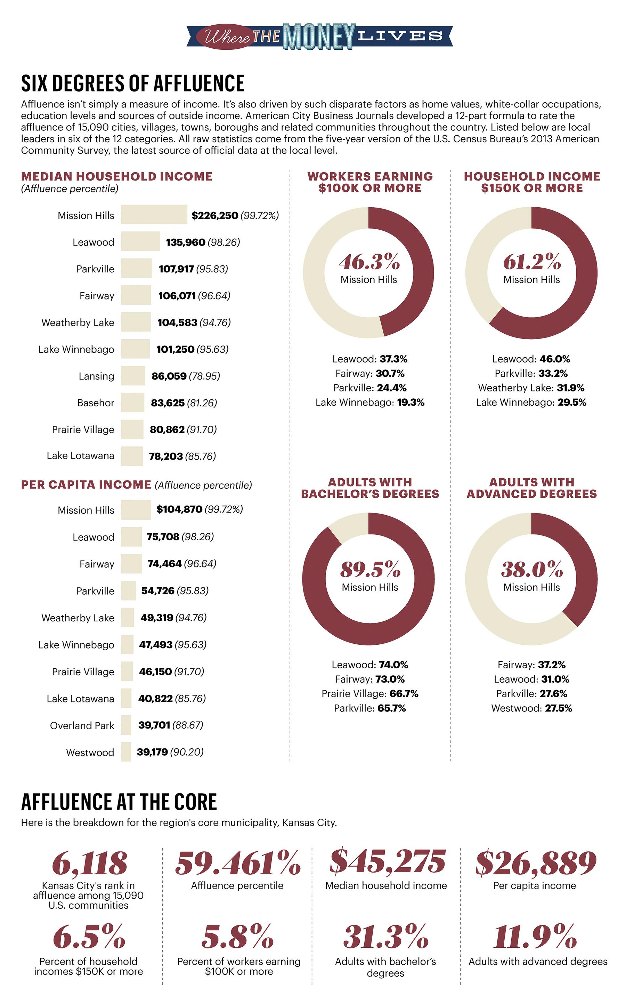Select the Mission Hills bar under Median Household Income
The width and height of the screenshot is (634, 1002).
[x=154, y=215]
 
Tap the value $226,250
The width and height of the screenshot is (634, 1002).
[x=214, y=216]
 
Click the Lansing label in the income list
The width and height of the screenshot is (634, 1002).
[x=96, y=376]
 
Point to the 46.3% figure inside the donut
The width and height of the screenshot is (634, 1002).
[x=369, y=262]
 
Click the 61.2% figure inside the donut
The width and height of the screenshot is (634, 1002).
[x=531, y=262]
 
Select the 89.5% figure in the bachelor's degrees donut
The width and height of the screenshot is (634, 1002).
[x=369, y=569]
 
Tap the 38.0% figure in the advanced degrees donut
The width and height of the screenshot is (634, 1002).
[x=531, y=569]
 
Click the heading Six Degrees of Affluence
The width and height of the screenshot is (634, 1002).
[x=133, y=83]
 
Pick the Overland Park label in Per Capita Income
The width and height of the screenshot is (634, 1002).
[x=82, y=725]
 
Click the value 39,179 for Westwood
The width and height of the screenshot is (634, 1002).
[x=152, y=752]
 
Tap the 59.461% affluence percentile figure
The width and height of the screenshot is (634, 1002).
[x=237, y=862]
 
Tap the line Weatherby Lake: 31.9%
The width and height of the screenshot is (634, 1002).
[x=531, y=388]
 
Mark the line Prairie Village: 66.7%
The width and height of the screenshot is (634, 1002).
[x=369, y=694]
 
